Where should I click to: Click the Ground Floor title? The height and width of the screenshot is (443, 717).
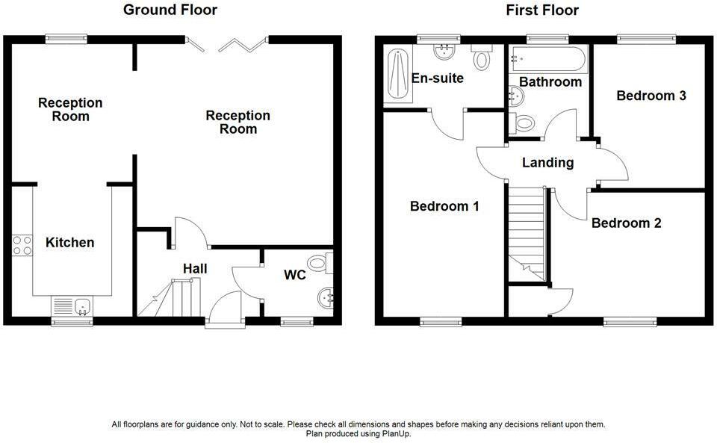pyautogui.click(x=170, y=10)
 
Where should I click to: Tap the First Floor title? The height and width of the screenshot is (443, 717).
pyautogui.click(x=542, y=10)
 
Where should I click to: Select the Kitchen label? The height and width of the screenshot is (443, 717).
pyautogui.click(x=70, y=242)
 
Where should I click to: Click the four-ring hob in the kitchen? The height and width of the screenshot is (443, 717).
pyautogui.click(x=22, y=245)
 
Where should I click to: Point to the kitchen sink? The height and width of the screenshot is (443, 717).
pyautogui.click(x=72, y=306)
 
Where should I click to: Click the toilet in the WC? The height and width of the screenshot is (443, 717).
pyautogui.click(x=320, y=263)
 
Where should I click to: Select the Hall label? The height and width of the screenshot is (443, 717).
pyautogui.click(x=195, y=269)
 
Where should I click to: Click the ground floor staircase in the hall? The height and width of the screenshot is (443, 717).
pyautogui.click(x=170, y=297)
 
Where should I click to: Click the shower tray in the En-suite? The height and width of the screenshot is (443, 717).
pyautogui.click(x=397, y=74)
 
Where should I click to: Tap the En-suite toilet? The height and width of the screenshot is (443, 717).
pyautogui.click(x=482, y=57)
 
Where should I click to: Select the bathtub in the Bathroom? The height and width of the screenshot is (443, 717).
pyautogui.click(x=549, y=58)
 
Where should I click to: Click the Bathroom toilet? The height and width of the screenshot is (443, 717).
pyautogui.click(x=521, y=123)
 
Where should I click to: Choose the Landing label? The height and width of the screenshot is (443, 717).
pyautogui.click(x=547, y=162)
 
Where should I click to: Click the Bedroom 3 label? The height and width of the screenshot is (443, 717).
pyautogui.click(x=651, y=96)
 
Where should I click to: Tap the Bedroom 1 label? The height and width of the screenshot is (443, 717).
pyautogui.click(x=444, y=206)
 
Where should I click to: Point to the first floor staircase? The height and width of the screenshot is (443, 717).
pyautogui.click(x=527, y=234)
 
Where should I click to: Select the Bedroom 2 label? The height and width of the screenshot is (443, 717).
pyautogui.click(x=627, y=223)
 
